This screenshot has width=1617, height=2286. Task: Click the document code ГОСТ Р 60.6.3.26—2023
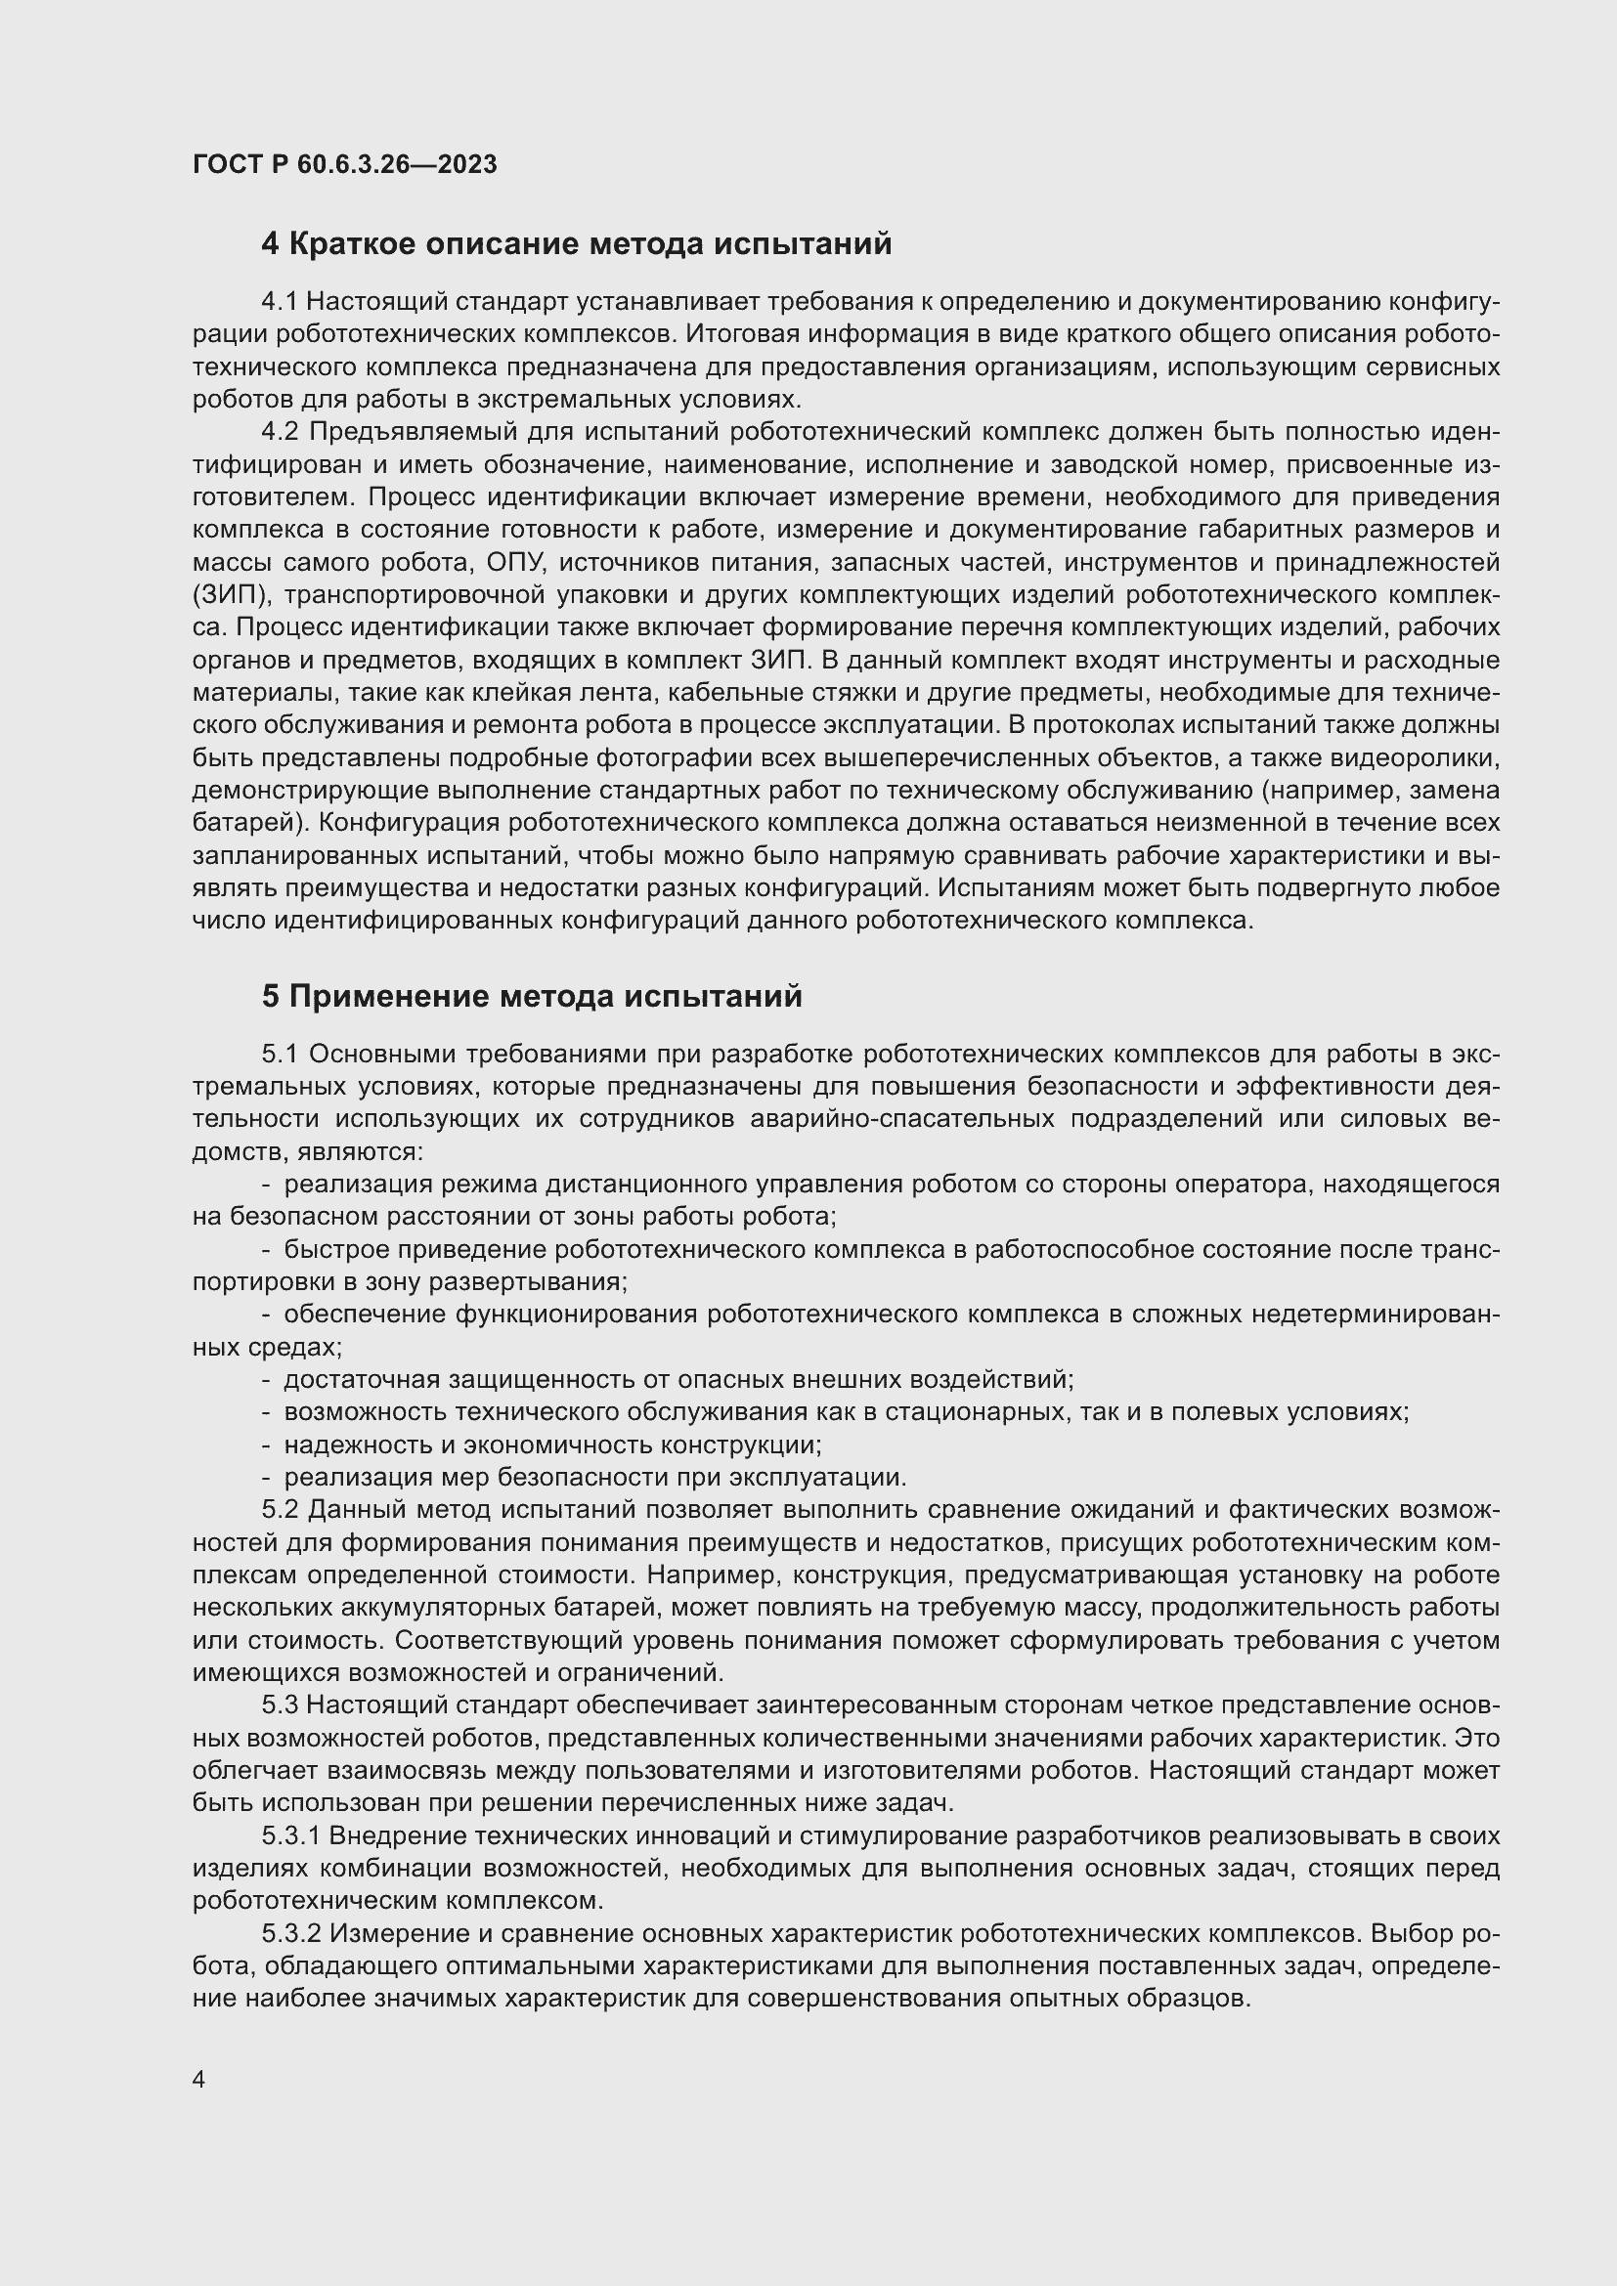coord(344,164)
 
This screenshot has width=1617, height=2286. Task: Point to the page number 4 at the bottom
coord(199,2079)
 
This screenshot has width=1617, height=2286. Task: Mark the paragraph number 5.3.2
coord(291,1932)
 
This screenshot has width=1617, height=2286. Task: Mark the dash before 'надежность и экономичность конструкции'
coord(266,1445)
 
